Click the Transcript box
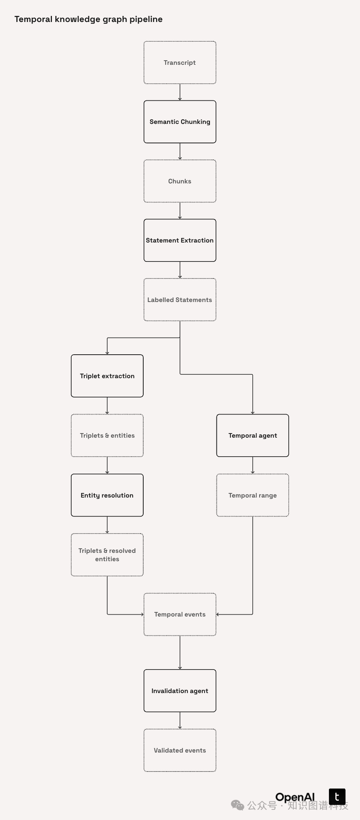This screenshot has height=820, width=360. click(x=180, y=63)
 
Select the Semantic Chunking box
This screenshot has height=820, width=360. click(x=180, y=122)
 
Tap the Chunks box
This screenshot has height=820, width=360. click(x=180, y=181)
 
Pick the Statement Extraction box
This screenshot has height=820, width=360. click(x=180, y=240)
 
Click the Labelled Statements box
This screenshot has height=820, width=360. click(x=180, y=300)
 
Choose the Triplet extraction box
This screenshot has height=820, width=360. click(x=107, y=376)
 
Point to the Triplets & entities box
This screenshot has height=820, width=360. click(x=107, y=435)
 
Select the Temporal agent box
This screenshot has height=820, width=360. click(x=252, y=435)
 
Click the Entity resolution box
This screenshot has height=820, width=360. click(x=107, y=495)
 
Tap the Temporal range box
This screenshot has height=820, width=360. click(x=252, y=495)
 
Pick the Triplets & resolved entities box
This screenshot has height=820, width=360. click(x=107, y=555)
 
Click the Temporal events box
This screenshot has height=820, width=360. click(x=180, y=614)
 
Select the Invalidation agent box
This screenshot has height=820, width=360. click(x=180, y=691)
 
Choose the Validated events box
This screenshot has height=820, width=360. click(x=180, y=750)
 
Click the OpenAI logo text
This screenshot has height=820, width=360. click(x=295, y=797)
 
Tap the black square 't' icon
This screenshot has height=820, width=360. click(x=337, y=797)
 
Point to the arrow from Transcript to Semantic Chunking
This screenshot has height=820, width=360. click(x=180, y=92)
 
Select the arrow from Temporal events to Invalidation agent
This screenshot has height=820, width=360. click(x=180, y=653)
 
